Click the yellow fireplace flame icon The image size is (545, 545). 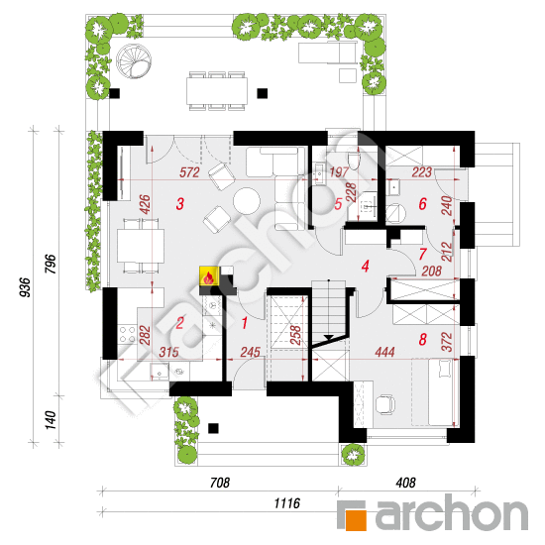tap(209, 276)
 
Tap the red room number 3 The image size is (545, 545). tap(179, 204)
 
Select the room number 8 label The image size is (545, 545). tap(423, 340)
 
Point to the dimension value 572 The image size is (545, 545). tap(189, 172)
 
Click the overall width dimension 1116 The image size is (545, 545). tap(286, 503)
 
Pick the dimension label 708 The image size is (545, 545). tap(220, 483)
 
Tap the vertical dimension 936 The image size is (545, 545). tap(25, 287)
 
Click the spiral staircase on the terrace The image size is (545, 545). tap(134, 61)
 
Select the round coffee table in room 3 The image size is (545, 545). tap(247, 201)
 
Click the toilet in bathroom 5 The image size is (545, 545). tap(354, 160)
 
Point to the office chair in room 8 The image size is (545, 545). tap(385, 404)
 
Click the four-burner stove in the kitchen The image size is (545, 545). tap(127, 334)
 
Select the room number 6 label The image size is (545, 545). tap(423, 204)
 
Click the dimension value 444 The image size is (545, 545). tap(384, 352)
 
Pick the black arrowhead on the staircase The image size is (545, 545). tap(328, 337)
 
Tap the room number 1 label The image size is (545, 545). tap(245, 323)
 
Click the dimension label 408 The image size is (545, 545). tap(405, 483)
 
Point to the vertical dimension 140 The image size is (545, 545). tap(51, 420)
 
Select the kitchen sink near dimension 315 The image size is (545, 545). tap(160, 372)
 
